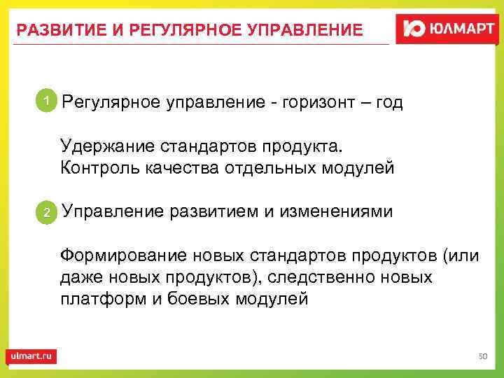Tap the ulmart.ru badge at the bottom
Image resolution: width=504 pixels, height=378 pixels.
tap(31, 356)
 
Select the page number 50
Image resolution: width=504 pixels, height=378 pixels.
tap(482, 357)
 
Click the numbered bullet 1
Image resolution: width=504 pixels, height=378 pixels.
tap(45, 102)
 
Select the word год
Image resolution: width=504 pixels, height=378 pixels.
tap(387, 104)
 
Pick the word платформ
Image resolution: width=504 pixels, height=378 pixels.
tap(95, 299)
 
